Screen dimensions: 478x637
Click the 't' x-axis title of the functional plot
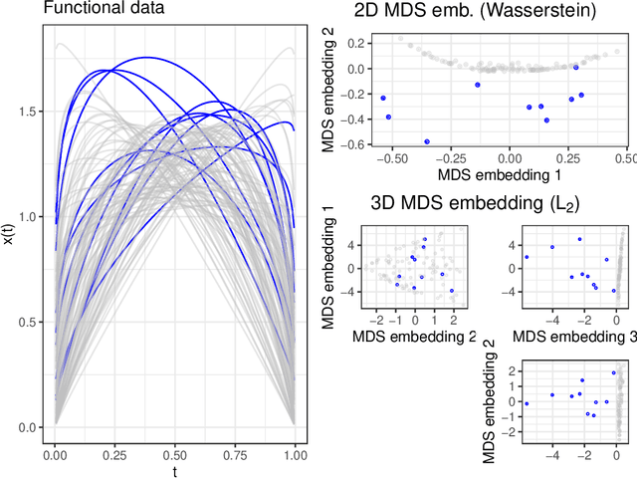174,471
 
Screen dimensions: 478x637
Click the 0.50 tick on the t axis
174,453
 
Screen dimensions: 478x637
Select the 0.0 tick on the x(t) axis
27,428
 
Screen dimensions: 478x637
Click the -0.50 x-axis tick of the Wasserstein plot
389,158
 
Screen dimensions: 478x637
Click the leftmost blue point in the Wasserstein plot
383,98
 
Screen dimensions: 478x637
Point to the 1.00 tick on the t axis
294,453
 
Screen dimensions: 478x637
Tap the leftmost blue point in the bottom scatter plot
527,403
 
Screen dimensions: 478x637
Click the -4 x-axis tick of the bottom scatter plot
552,452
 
